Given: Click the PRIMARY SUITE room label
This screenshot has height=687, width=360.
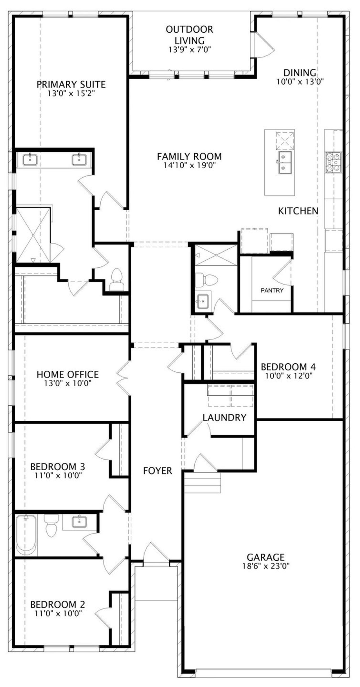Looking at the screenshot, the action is point(71,84).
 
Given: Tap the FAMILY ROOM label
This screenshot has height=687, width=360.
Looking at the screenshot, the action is point(189,156).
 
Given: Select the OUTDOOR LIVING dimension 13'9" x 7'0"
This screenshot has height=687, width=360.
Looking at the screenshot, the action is point(190,50).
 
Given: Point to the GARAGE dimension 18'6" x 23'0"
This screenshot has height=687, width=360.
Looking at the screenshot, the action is point(266,566).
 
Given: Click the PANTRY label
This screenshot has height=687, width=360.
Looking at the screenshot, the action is point(272,290).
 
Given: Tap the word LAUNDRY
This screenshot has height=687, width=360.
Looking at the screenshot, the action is point(224,418).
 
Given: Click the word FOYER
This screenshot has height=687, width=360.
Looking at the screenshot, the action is point(157,471).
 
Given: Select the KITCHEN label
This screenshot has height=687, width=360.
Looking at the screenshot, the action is point(298,211).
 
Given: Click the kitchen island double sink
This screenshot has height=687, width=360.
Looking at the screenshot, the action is point(285,163).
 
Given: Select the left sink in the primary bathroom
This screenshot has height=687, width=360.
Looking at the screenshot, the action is point(30,160).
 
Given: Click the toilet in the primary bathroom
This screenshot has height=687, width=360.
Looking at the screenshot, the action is point(116,279).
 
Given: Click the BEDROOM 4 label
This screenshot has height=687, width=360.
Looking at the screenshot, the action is point(288,367).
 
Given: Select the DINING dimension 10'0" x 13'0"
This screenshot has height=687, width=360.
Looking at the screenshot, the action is point(300,82).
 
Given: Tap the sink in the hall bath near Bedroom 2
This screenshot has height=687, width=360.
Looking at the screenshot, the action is point(79,521).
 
